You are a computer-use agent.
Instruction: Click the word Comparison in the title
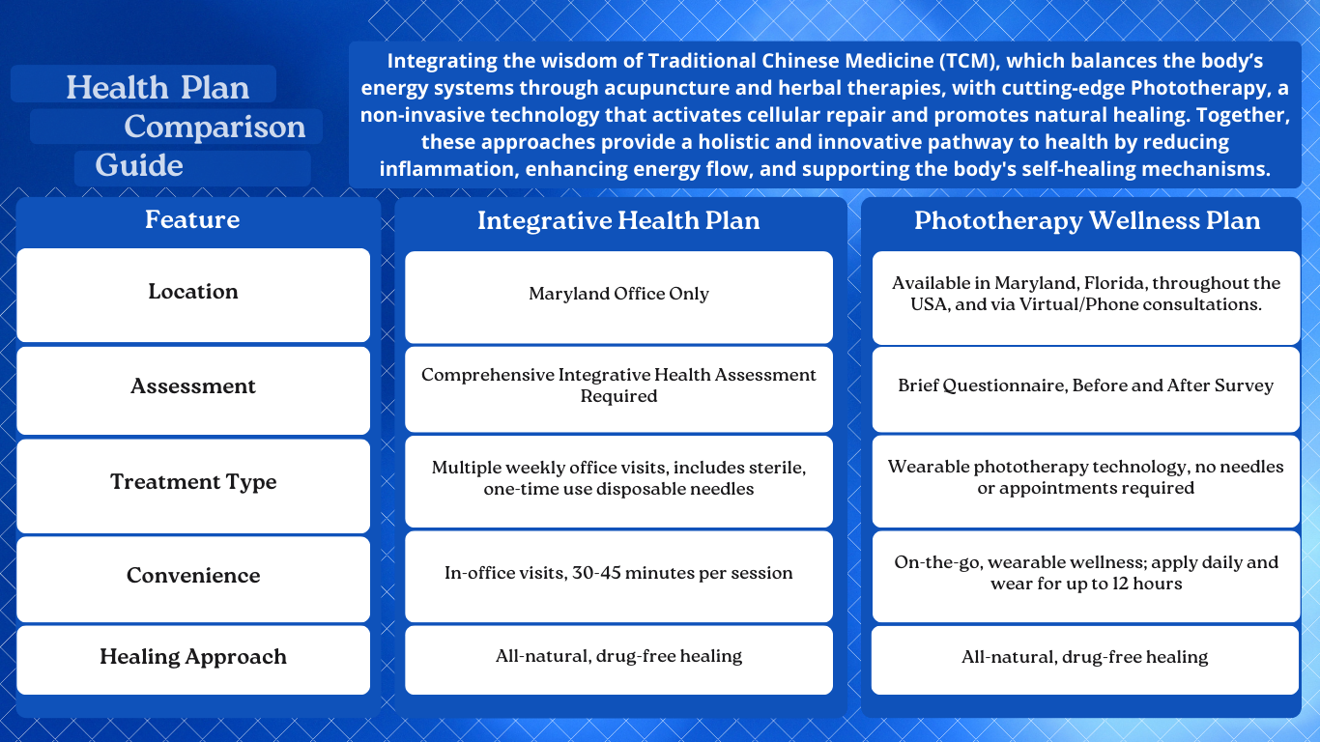coord(215,128)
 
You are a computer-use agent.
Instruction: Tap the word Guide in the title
coord(139,165)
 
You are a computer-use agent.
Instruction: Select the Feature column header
coord(192,220)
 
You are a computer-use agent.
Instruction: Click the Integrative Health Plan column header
coord(618,221)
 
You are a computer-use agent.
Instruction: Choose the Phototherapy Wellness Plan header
coord(1087,221)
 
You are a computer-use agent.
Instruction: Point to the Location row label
coord(193,292)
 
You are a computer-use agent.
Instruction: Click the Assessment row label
coord(193,386)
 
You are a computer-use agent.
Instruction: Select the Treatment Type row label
coord(193,482)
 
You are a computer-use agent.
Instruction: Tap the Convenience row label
coord(193,575)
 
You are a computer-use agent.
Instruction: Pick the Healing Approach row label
coord(193,657)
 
